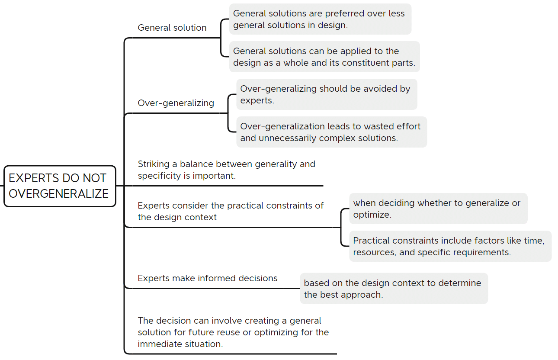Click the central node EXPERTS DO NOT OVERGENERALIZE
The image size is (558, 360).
coord(59,186)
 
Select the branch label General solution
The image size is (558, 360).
coord(172,28)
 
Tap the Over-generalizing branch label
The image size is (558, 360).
coord(176,103)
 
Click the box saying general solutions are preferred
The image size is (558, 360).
coord(320,19)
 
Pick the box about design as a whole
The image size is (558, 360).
coord(324,57)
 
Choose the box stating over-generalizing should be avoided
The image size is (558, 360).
coord(326,94)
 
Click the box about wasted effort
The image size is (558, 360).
coord(331,132)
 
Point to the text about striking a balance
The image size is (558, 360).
coord(226,170)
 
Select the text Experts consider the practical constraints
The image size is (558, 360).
coord(231,211)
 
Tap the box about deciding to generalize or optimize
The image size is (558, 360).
coord(438,209)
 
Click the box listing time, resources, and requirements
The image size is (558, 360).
coord(450,246)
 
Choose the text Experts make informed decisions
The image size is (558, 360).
coord(208,278)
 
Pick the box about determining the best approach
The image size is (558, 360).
coord(393,289)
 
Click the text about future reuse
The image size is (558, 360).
coord(233,332)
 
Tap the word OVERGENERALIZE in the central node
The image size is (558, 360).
coord(59,194)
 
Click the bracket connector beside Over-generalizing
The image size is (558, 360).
coord(229,113)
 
